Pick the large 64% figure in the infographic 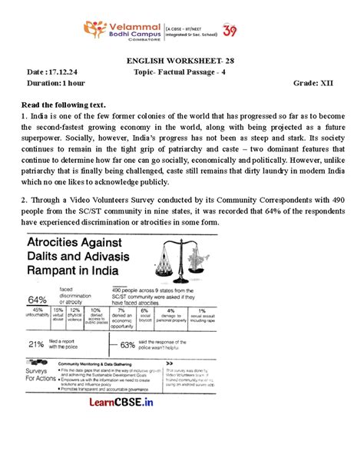38,298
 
